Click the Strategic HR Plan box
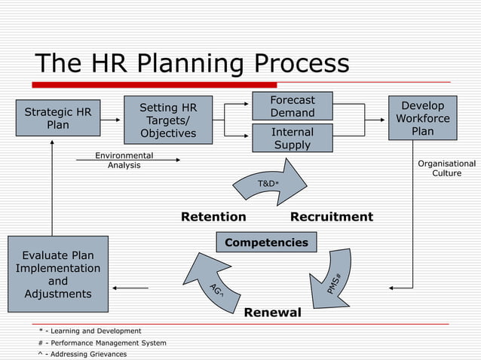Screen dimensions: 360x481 (x=58, y=118)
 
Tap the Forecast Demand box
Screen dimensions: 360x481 (x=293, y=106)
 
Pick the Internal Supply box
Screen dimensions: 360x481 (x=293, y=138)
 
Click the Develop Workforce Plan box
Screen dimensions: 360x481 (x=422, y=117)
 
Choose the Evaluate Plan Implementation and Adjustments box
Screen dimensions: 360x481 (x=57, y=275)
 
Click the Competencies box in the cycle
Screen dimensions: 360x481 (x=266, y=242)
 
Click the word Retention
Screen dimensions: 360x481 (x=213, y=217)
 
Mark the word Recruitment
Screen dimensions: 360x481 (x=332, y=217)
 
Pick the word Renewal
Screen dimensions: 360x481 (x=272, y=312)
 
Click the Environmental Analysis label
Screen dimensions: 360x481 (x=124, y=160)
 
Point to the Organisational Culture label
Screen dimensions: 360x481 (x=446, y=168)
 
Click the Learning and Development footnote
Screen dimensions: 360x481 (x=90, y=331)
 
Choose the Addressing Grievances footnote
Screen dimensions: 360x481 (x=82, y=354)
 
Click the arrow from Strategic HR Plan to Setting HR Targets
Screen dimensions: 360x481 (x=110, y=119)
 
